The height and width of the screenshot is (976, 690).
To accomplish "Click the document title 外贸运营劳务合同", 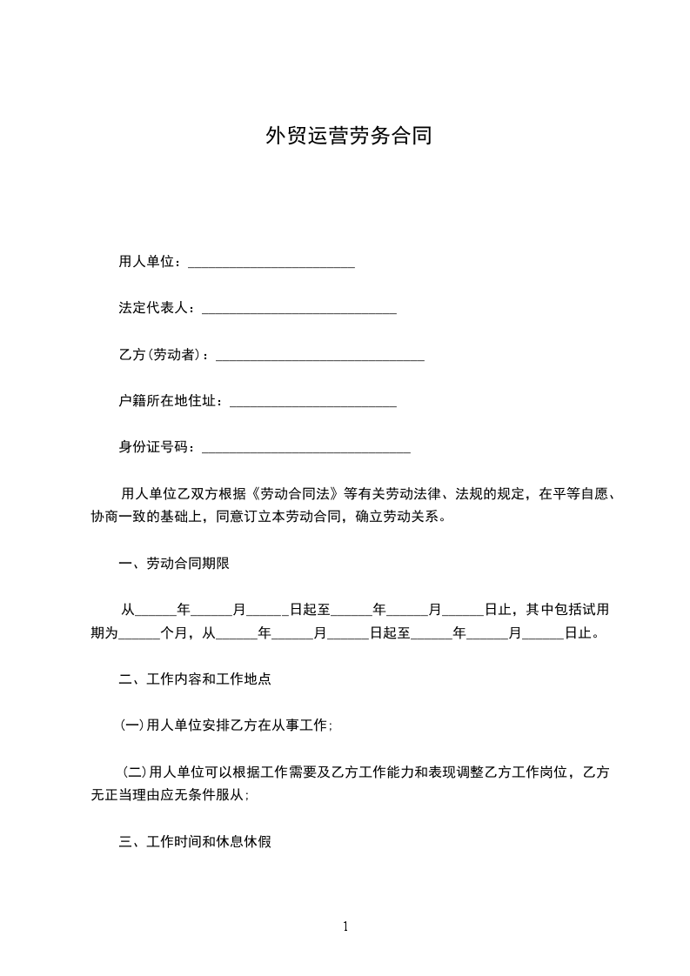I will click(348, 137).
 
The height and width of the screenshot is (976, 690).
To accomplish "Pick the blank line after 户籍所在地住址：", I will click(312, 403).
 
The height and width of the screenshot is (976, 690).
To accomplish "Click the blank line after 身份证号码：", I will click(305, 449).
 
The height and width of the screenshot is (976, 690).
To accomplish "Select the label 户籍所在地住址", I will click(167, 401).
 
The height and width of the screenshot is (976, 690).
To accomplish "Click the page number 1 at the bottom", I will click(345, 926).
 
